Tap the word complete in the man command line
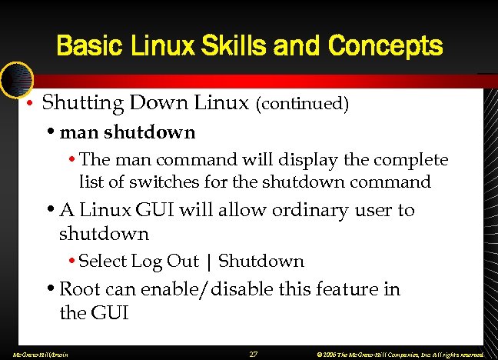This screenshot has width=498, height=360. [x=411, y=160]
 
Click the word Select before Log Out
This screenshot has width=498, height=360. [x=103, y=261]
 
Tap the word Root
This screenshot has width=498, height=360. [x=79, y=289]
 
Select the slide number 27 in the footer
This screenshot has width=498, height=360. [x=254, y=354]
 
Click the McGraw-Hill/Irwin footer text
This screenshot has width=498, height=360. [x=35, y=355]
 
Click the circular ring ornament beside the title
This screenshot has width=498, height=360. [x=15, y=78]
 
